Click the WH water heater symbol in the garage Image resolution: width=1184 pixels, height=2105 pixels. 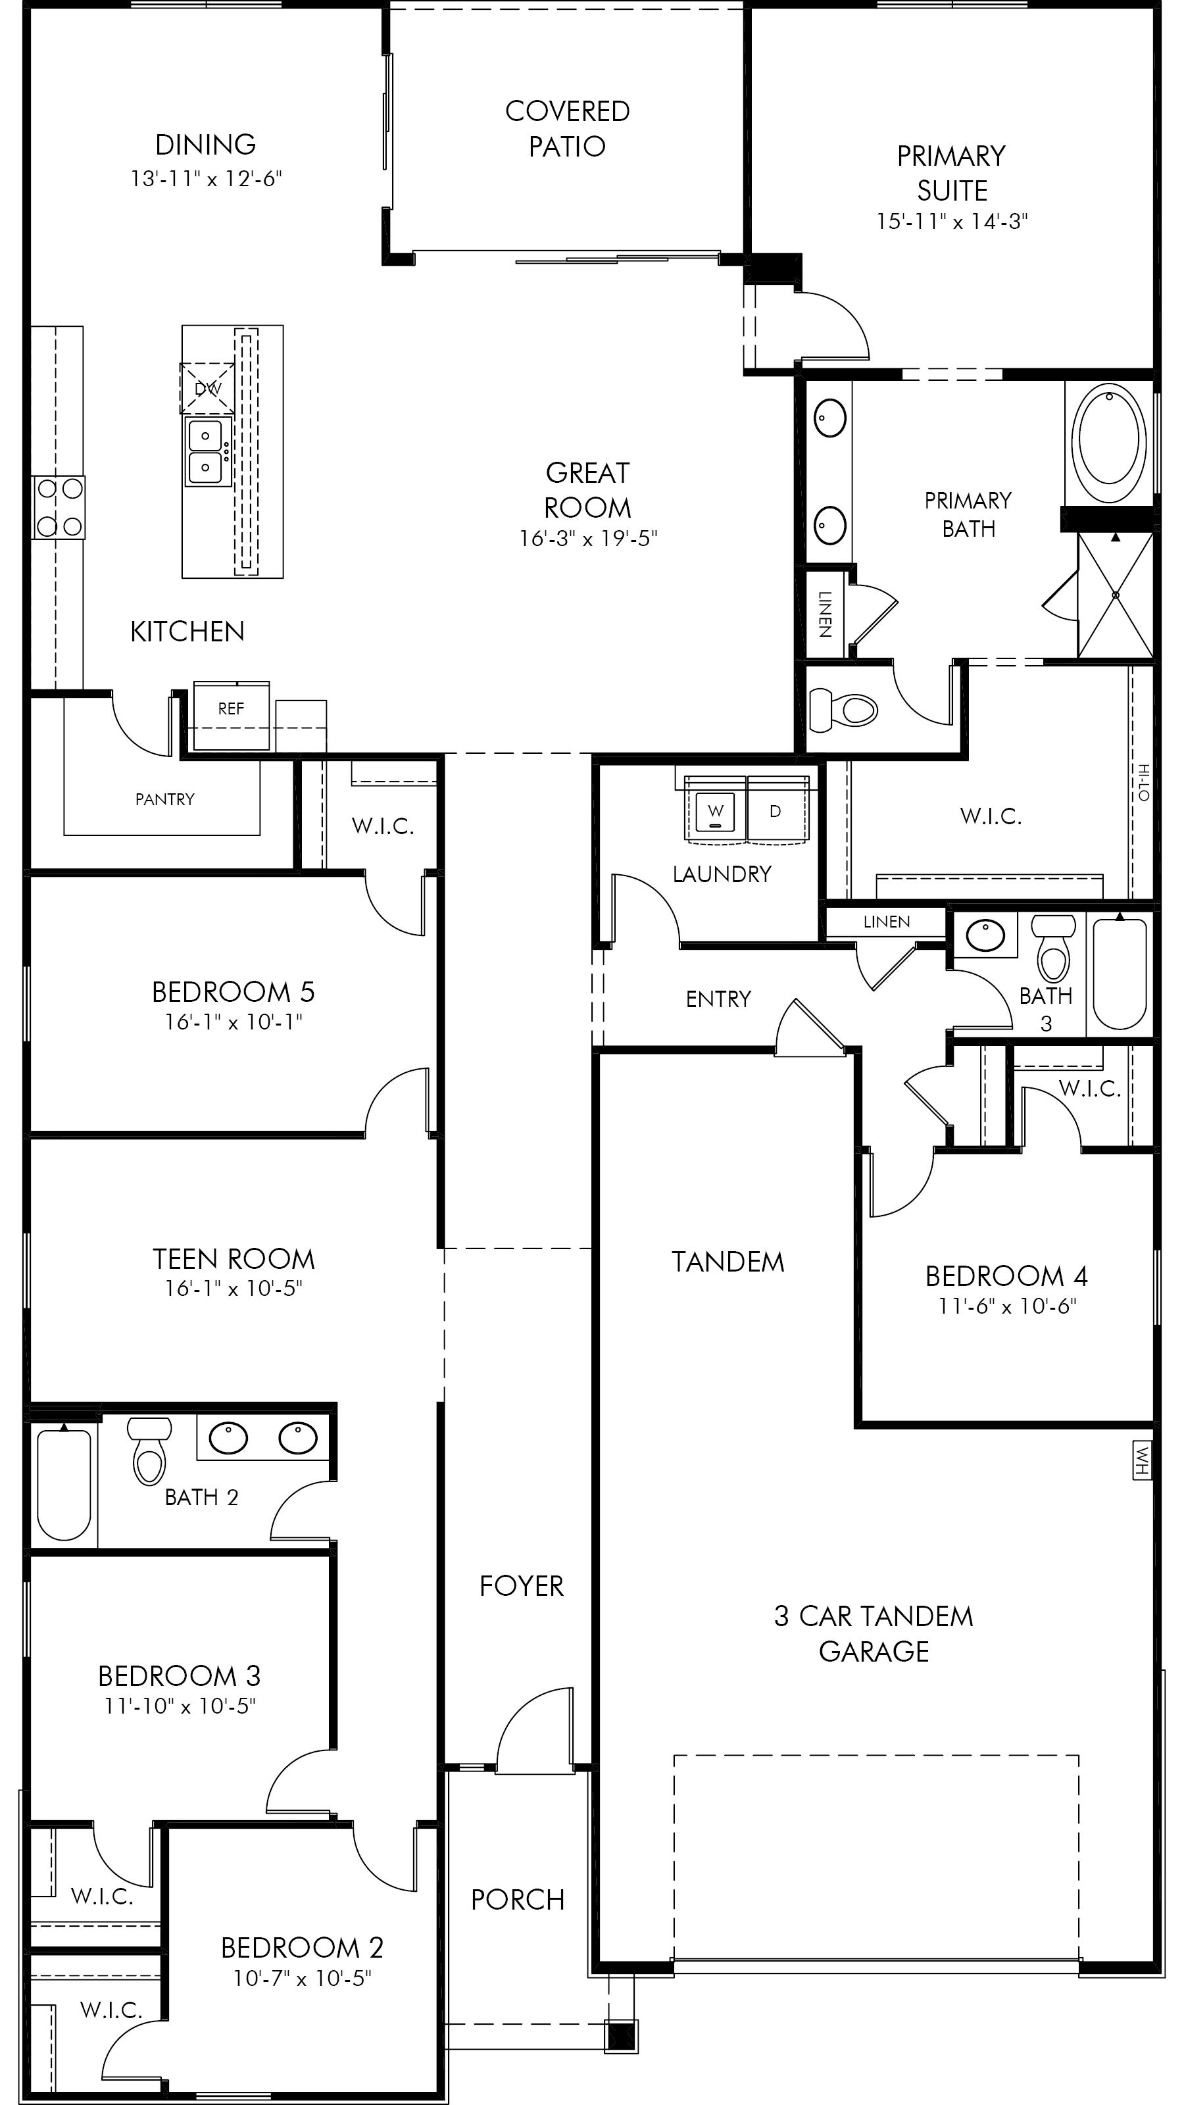[1141, 1460]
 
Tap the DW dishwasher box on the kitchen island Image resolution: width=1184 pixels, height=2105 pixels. [208, 388]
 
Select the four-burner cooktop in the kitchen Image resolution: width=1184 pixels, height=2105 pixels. [59, 507]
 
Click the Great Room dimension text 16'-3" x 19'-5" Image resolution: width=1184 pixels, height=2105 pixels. [588, 539]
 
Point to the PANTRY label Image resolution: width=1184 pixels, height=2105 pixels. [165, 799]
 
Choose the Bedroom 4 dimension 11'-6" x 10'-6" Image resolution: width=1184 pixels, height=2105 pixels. [1006, 1306]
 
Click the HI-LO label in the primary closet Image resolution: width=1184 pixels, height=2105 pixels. [1144, 782]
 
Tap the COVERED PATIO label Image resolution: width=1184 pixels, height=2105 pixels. [567, 128]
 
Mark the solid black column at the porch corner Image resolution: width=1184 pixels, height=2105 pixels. [622, 2035]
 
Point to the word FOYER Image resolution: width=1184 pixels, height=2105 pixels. [522, 1586]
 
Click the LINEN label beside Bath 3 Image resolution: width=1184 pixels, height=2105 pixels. [887, 922]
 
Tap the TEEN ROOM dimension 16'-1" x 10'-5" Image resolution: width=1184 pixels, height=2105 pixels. [234, 1289]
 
